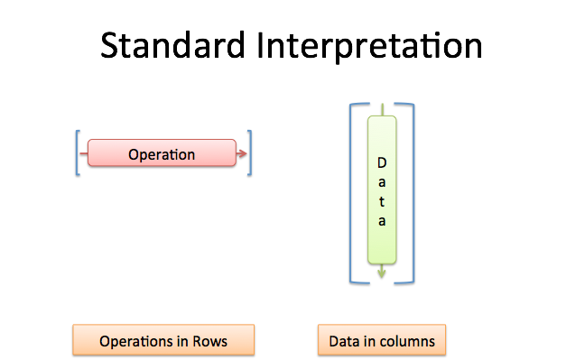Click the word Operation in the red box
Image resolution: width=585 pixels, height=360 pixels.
pos(162,154)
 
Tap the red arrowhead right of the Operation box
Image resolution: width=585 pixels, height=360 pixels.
pos(242,154)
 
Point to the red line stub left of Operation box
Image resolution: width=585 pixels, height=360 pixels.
pos(83,154)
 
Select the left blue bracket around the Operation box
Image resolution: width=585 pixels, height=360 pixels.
pos(78,152)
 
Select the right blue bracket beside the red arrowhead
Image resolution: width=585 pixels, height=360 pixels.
pos(250,152)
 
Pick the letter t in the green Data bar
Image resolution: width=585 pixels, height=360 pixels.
pos(382,201)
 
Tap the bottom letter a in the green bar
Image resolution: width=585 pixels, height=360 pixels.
pos(382,221)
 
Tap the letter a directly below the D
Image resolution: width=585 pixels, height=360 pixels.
pos(382,182)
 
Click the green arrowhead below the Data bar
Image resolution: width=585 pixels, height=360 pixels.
pos(382,272)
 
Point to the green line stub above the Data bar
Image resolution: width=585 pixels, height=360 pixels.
pos(382,109)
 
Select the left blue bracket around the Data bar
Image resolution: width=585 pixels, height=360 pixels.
pos(352,192)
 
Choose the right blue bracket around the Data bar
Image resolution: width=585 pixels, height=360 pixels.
pos(413,192)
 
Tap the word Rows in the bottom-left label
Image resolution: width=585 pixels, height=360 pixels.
pos(209,342)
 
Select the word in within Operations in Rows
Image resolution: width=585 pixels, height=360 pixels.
pos(181,342)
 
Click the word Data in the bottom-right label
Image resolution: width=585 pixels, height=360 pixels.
pos(344,342)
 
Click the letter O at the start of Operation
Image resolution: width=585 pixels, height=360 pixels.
pos(134,154)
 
